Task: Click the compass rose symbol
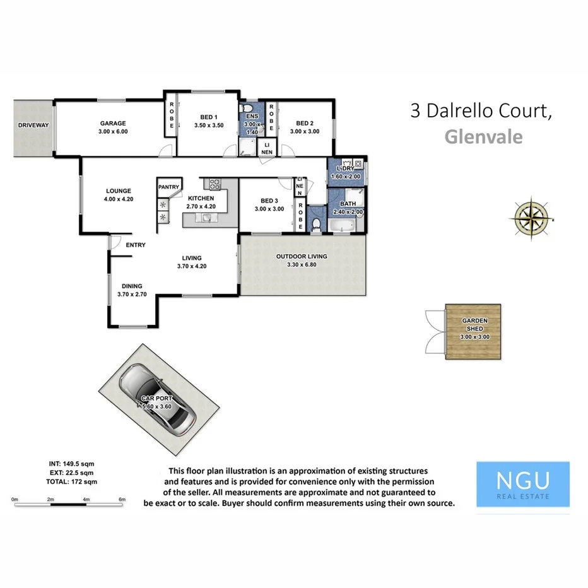(x=534, y=216)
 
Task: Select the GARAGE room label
(x=113, y=123)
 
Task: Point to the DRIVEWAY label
(x=33, y=125)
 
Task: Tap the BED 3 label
(x=269, y=201)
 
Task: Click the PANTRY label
(x=169, y=187)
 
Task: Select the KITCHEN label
(x=201, y=198)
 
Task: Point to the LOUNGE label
(x=119, y=191)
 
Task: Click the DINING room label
(x=132, y=286)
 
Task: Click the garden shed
(x=474, y=332)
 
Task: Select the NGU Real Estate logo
(x=522, y=484)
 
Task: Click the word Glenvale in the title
(x=483, y=136)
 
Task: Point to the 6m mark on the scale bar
(x=122, y=499)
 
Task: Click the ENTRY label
(x=135, y=245)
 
